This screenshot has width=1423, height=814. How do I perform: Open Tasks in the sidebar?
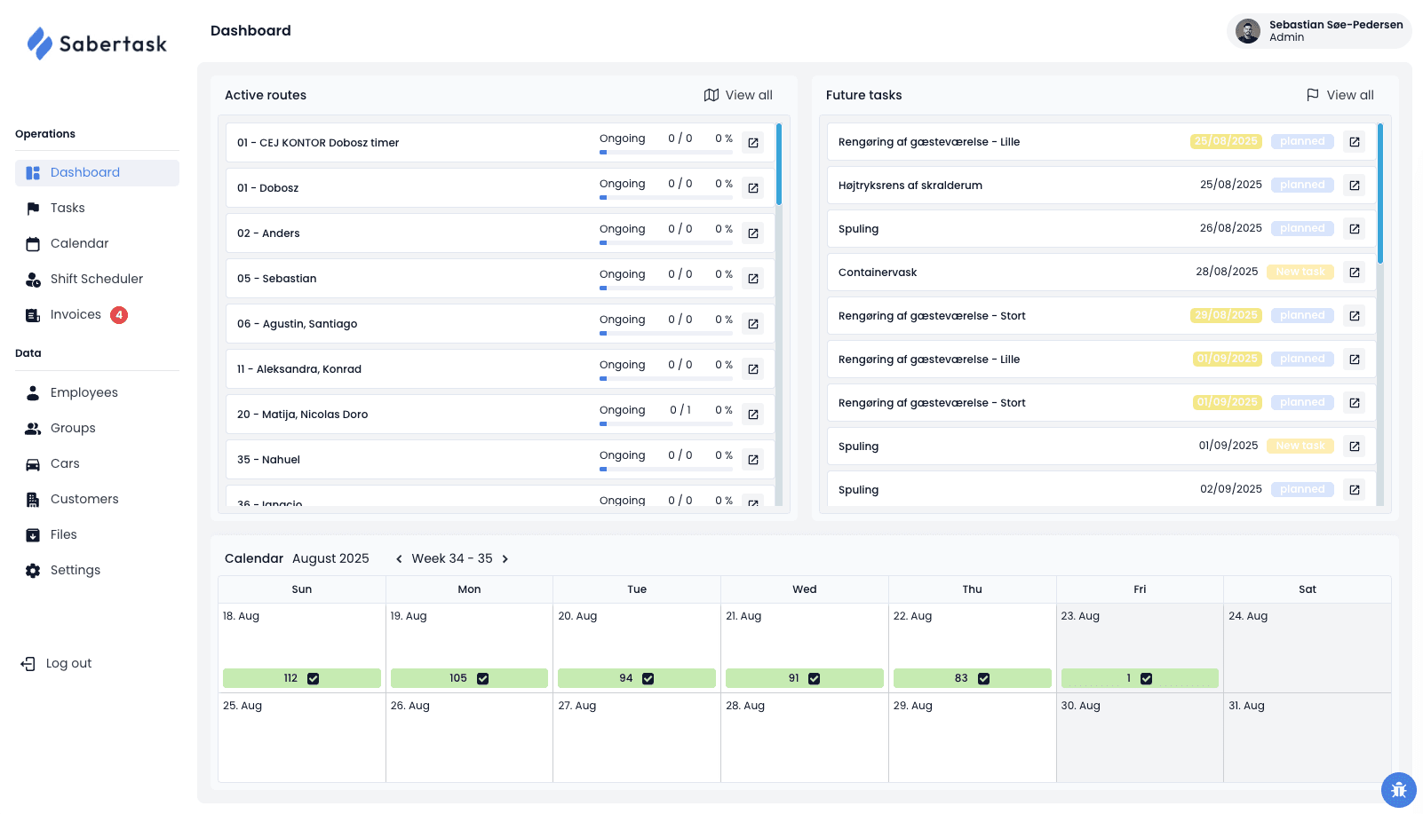coord(68,208)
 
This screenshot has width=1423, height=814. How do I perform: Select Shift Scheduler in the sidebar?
coord(96,279)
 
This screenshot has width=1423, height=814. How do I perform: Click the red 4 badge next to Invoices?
coord(119,315)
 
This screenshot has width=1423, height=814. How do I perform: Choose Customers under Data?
coord(84,499)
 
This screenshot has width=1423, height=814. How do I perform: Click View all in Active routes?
coord(738,95)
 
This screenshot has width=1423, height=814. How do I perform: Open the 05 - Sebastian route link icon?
coord(753,279)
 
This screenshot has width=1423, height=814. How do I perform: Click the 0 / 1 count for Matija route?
coord(680,410)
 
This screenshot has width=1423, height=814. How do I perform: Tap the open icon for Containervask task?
coord(1355,273)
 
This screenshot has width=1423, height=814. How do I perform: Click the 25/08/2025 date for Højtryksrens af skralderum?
coord(1230,185)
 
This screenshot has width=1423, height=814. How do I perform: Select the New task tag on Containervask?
coord(1300,272)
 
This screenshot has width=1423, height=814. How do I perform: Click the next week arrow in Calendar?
coord(505,559)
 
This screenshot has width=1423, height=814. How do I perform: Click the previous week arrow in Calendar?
coord(399,559)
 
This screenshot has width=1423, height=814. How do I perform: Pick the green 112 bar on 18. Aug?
coord(301,678)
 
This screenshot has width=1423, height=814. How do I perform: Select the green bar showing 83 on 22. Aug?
coord(972,678)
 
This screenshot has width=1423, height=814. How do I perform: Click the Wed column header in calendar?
coord(804,589)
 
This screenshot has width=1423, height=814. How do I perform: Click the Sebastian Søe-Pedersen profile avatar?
coord(1247,31)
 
